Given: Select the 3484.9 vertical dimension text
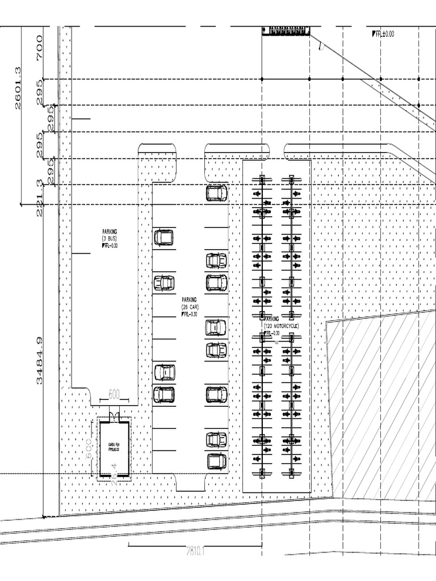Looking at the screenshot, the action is (39, 360).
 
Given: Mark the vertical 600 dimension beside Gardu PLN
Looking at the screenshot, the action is (89, 448).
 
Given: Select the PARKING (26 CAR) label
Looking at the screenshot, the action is (190, 303).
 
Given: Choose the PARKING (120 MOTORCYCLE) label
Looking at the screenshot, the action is (280, 323).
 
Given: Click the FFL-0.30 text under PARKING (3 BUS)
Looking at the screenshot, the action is (111, 246).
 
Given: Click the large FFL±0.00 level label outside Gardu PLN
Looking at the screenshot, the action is (383, 34).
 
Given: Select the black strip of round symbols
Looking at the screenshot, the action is (286, 30).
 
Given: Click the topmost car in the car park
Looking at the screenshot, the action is (216, 193).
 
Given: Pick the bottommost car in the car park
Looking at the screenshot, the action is (216, 461).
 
